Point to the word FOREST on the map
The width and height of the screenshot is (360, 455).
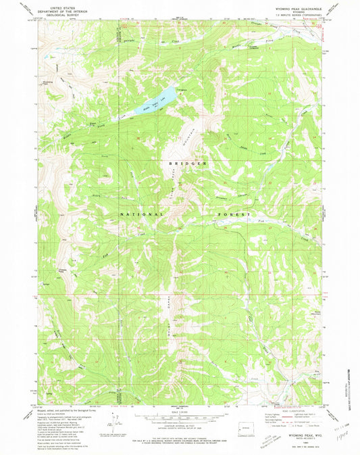coord(234,215)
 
